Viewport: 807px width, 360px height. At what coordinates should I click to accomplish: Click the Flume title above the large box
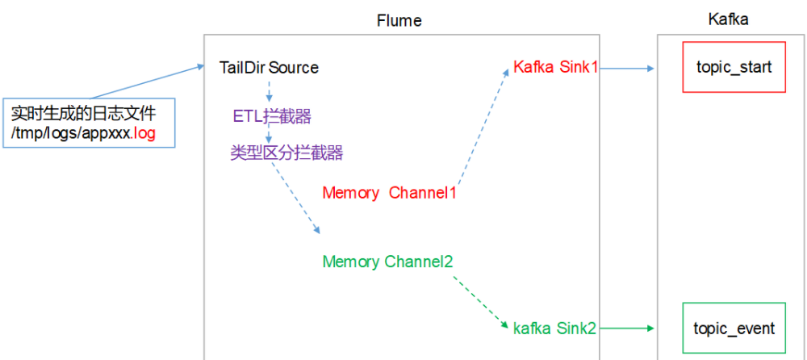399,19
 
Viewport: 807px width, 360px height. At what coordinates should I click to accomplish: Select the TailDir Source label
269,68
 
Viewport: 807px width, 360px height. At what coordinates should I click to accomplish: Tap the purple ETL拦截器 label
272,116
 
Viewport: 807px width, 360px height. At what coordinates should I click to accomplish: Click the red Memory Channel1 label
390,193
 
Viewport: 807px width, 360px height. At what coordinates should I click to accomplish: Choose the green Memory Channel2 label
387,262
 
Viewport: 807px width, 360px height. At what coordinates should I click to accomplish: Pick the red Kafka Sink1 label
555,68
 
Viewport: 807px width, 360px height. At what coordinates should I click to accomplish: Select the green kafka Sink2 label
554,328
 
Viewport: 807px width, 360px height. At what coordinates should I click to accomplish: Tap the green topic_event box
734,329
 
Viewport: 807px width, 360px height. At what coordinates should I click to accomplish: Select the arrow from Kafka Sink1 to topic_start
626,68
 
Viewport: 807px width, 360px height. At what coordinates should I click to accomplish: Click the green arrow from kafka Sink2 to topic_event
626,328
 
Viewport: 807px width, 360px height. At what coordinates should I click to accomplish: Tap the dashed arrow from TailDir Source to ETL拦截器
268,90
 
